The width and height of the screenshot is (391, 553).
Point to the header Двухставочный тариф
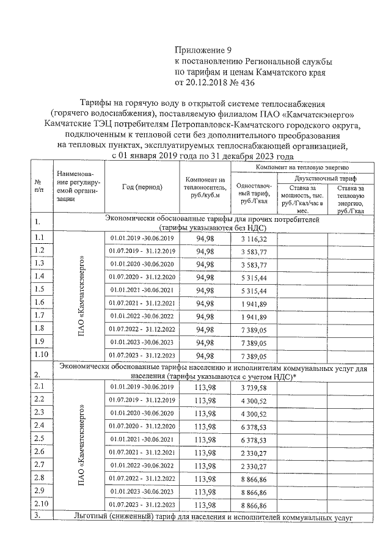point(321,177)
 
